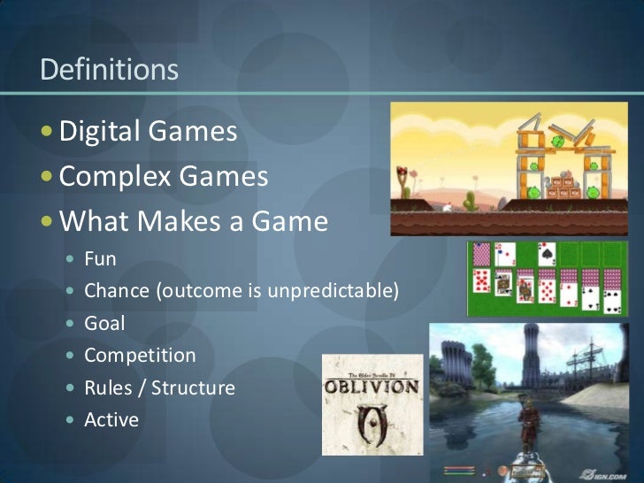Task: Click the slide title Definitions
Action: click(110, 70)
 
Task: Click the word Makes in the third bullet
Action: click(177, 220)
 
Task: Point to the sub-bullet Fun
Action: click(100, 259)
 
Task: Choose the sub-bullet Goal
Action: click(104, 323)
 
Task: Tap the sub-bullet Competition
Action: click(140, 356)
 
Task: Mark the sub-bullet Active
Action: click(111, 419)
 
